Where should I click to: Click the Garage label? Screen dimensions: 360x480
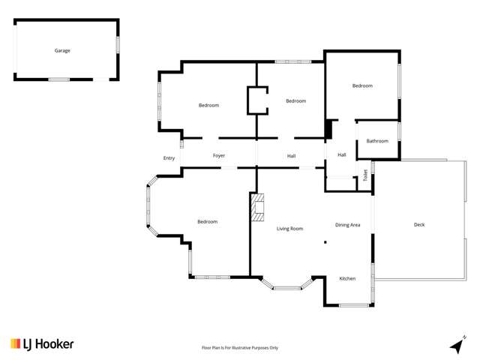coord(62,50)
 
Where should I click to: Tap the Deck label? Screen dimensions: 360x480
coord(419,224)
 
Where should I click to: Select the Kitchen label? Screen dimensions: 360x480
coord(347,278)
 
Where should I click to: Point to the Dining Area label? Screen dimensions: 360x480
coord(347,224)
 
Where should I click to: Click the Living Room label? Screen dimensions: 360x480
coord(289,228)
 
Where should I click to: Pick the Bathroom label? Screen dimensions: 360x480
coord(377,140)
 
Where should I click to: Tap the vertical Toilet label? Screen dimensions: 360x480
coord(365,175)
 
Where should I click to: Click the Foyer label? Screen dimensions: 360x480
coord(219,155)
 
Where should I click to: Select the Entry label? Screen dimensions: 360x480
coord(169,157)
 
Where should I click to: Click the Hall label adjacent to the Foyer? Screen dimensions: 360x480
coord(291,155)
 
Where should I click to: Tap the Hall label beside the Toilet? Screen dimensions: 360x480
coord(341,154)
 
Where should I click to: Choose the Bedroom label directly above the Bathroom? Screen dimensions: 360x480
coord(362,85)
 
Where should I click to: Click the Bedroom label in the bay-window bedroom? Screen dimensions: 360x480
coord(207,221)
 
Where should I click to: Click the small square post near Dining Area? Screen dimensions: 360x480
coord(325,242)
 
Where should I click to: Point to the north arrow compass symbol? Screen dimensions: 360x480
coord(456,344)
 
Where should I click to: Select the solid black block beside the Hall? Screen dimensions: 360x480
coord(328,130)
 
